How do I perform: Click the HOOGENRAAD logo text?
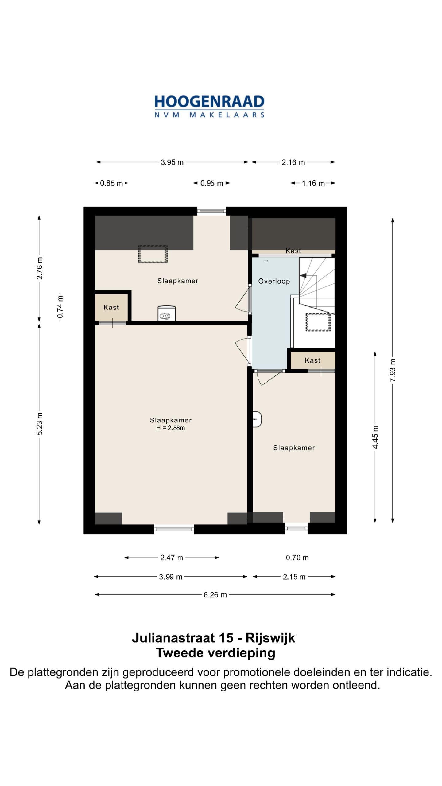[209, 102]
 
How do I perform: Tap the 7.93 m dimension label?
[393, 370]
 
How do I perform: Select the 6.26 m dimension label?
[215, 595]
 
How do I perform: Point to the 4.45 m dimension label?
[375, 437]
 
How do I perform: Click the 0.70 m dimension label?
[297, 558]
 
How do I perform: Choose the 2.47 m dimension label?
[172, 558]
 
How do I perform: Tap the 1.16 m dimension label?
[313, 183]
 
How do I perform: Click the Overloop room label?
[274, 281]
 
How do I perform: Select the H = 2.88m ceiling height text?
[171, 428]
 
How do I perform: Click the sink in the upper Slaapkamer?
[166, 313]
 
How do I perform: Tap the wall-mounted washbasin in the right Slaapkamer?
[257, 419]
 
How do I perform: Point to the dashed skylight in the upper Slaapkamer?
[153, 254]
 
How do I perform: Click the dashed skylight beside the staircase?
[318, 322]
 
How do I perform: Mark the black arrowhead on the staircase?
[303, 275]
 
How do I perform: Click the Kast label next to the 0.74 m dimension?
[111, 307]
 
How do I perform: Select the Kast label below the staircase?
[312, 360]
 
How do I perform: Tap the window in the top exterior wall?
[211, 211]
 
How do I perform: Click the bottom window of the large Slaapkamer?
[174, 529]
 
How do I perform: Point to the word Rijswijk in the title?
[270, 638]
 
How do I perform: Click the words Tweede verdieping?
[215, 653]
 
